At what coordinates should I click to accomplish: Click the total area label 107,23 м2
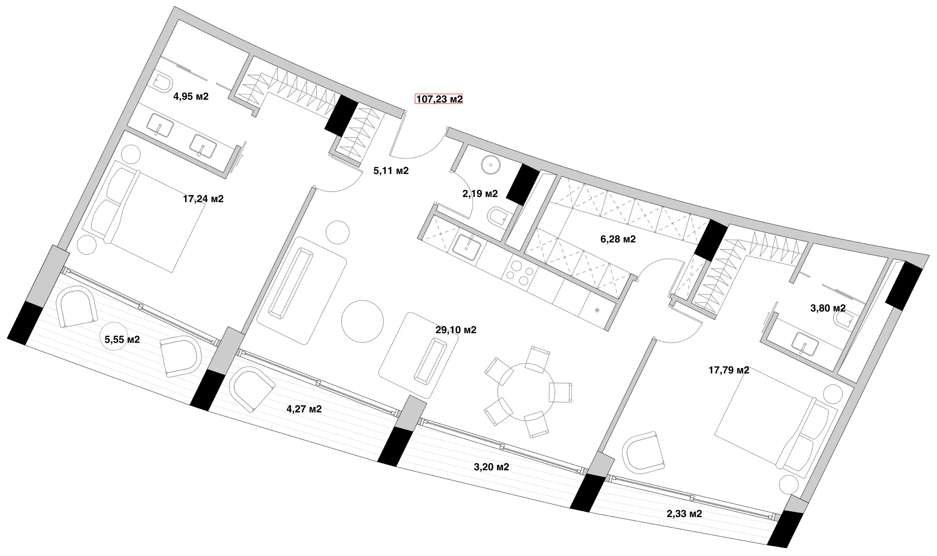pyautogui.click(x=439, y=99)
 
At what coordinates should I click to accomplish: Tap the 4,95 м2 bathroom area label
pyautogui.click(x=191, y=97)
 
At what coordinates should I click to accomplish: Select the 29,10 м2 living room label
pyautogui.click(x=456, y=330)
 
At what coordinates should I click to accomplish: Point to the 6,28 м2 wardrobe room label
pyautogui.click(x=618, y=239)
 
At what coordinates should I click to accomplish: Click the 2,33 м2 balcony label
pyautogui.click(x=684, y=514)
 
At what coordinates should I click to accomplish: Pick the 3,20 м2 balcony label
pyautogui.click(x=491, y=467)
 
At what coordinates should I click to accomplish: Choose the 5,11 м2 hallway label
pyautogui.click(x=391, y=171)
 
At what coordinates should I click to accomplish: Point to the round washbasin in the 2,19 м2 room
pyautogui.click(x=491, y=165)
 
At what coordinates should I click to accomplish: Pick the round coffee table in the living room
pyautogui.click(x=362, y=322)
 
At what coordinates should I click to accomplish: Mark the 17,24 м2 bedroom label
pyautogui.click(x=203, y=199)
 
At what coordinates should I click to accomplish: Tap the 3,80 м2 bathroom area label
pyautogui.click(x=828, y=308)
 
